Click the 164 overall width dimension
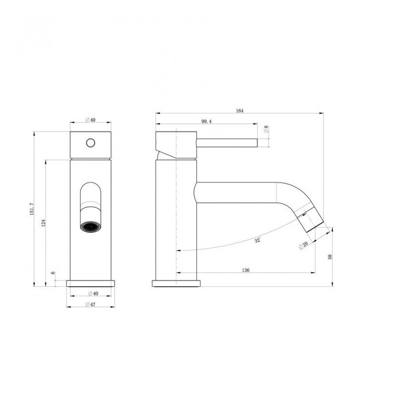239,111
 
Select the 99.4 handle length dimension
206,122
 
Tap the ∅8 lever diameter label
266,129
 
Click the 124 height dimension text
43,223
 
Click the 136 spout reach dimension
246,270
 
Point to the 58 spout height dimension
330,257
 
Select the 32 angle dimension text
257,241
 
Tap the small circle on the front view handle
90,142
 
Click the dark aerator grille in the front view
90,227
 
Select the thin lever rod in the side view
226,142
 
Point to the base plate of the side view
176,284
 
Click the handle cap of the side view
176,143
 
